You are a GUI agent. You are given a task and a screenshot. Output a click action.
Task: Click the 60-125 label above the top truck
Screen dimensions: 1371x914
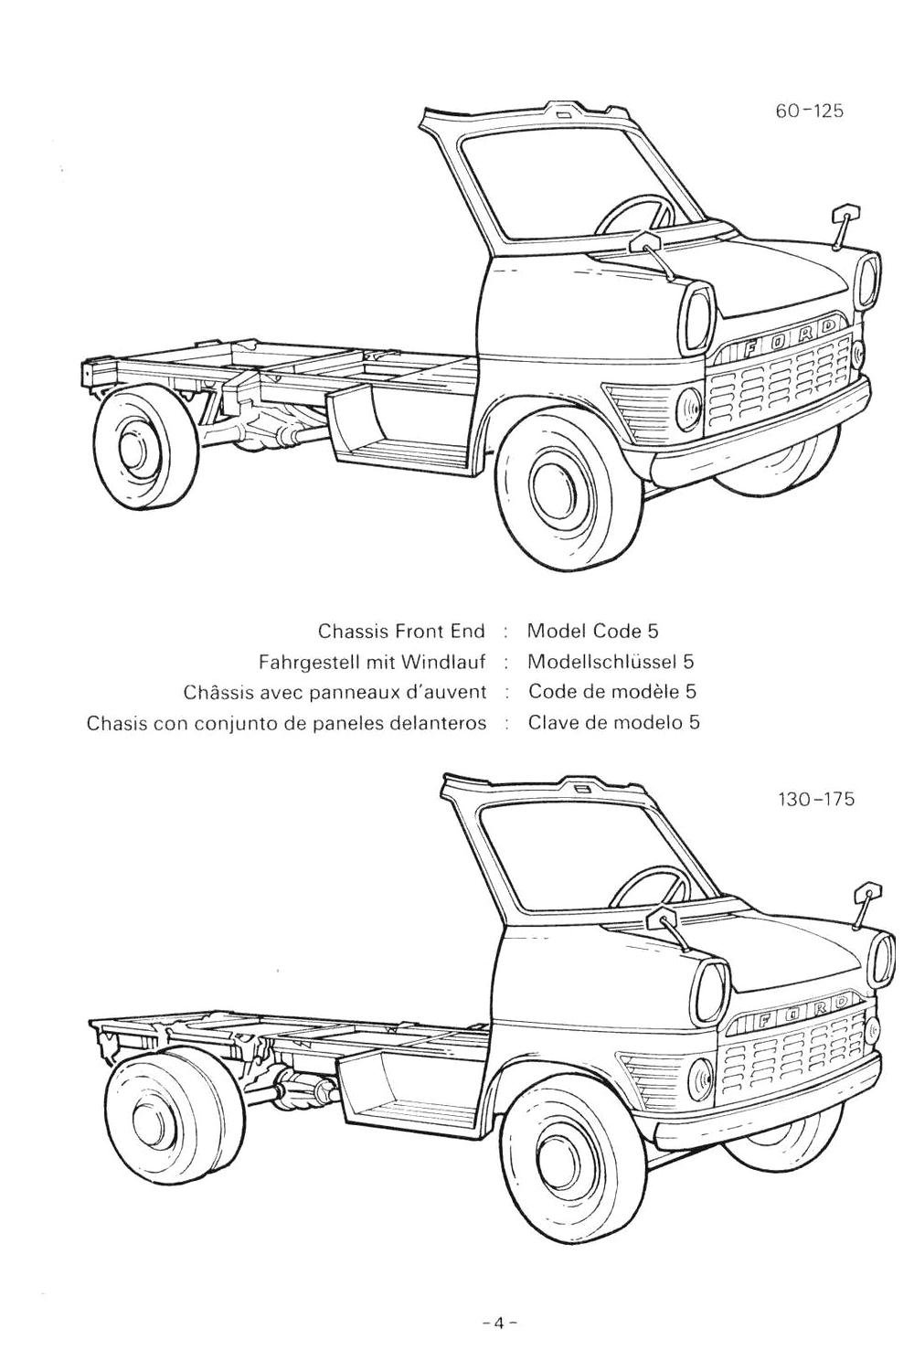point(809,111)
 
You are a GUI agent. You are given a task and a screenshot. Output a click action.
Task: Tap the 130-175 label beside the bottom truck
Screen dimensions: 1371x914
point(815,799)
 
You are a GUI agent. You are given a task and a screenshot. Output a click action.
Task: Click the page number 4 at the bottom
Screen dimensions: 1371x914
point(500,1322)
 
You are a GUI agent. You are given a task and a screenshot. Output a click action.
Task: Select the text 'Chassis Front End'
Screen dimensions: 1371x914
point(401,631)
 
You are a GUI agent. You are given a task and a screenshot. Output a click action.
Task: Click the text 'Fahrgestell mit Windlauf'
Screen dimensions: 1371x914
point(372,661)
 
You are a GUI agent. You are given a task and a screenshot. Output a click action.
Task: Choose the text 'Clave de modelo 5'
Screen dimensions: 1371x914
point(614,723)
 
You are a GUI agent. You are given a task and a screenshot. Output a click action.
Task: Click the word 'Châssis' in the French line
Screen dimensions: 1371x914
point(217,692)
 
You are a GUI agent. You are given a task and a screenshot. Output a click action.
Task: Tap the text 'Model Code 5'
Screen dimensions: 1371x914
point(592,631)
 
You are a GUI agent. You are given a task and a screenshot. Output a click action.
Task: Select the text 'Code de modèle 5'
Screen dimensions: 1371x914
point(606,692)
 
